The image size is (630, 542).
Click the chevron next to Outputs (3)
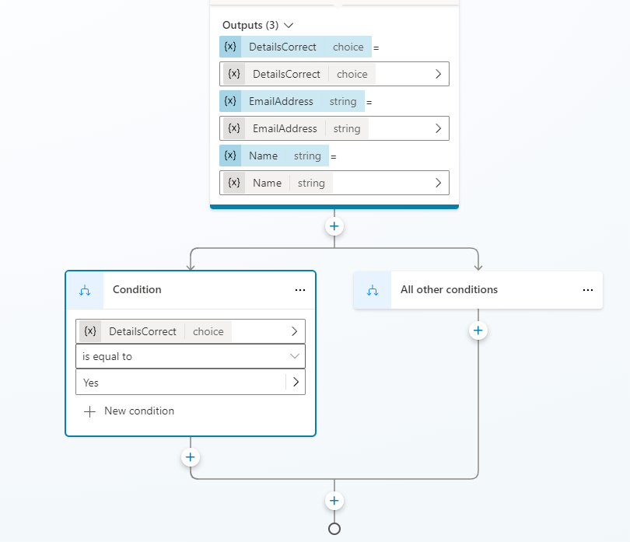pyautogui.click(x=289, y=26)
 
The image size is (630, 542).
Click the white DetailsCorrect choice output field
pyautogui.click(x=334, y=74)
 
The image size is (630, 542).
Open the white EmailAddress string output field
pyautogui.click(x=334, y=128)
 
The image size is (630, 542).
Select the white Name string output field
pyautogui.click(x=334, y=183)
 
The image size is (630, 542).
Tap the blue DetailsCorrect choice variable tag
pyautogui.click(x=296, y=47)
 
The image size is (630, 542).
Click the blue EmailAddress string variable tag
pyautogui.click(x=292, y=101)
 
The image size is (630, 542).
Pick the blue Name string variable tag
pyautogui.click(x=274, y=156)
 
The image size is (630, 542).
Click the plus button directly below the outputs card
pyautogui.click(x=334, y=226)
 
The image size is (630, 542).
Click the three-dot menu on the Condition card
pyautogui.click(x=300, y=290)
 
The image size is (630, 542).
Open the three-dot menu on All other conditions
pyautogui.click(x=588, y=290)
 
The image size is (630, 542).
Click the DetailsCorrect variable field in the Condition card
pyautogui.click(x=191, y=331)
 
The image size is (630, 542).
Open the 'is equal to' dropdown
pyautogui.click(x=191, y=356)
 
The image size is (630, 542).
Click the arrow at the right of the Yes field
pyautogui.click(x=296, y=382)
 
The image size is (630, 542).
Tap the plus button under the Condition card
pyautogui.click(x=191, y=457)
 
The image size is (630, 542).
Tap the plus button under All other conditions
pyautogui.click(x=478, y=330)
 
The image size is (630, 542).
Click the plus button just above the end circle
pyautogui.click(x=334, y=501)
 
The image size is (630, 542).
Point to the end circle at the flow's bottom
pyautogui.click(x=334, y=529)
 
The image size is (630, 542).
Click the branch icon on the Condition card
pyautogui.click(x=85, y=290)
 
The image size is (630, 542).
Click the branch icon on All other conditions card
pyautogui.click(x=373, y=290)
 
